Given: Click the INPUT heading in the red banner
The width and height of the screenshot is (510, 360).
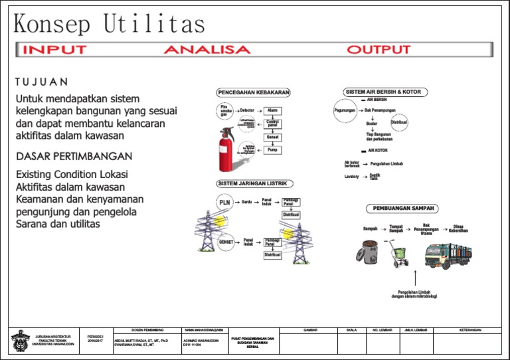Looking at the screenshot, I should (x=54, y=50).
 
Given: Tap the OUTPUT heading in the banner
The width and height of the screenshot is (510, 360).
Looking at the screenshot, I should (x=379, y=50).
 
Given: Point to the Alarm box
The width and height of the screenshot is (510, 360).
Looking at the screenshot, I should (x=272, y=110).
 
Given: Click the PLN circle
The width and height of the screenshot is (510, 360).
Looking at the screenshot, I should (x=224, y=202).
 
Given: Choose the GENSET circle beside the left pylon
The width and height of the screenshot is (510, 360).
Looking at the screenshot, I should (x=226, y=242).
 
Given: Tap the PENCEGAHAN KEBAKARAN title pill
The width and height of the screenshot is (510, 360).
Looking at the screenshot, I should (x=253, y=92).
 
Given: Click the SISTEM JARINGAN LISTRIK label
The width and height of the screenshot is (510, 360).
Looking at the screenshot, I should (x=252, y=183).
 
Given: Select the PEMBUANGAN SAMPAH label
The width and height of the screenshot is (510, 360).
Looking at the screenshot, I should (x=403, y=208).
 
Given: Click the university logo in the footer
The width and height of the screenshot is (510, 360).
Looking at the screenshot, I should (x=20, y=341).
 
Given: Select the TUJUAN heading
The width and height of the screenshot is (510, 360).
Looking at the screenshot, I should (x=41, y=82).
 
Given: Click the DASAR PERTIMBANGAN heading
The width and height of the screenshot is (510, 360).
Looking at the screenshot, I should (x=74, y=156).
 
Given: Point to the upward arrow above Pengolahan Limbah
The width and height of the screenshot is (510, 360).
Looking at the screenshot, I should (x=414, y=277).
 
